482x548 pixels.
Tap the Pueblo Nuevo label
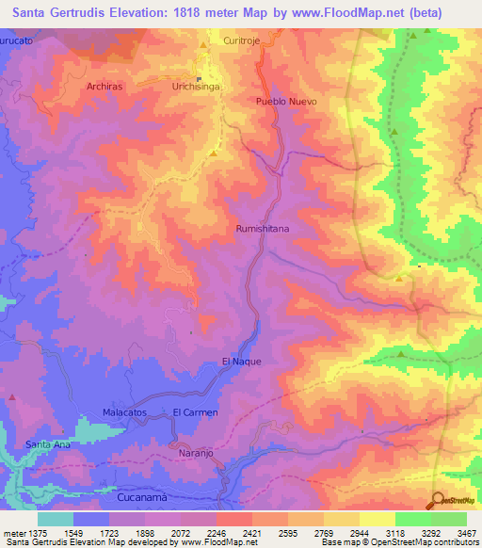[286, 101]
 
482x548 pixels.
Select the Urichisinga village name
[196, 86]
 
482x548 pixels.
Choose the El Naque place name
[240, 361]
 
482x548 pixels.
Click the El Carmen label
[196, 412]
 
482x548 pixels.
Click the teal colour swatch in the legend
[56, 519]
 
